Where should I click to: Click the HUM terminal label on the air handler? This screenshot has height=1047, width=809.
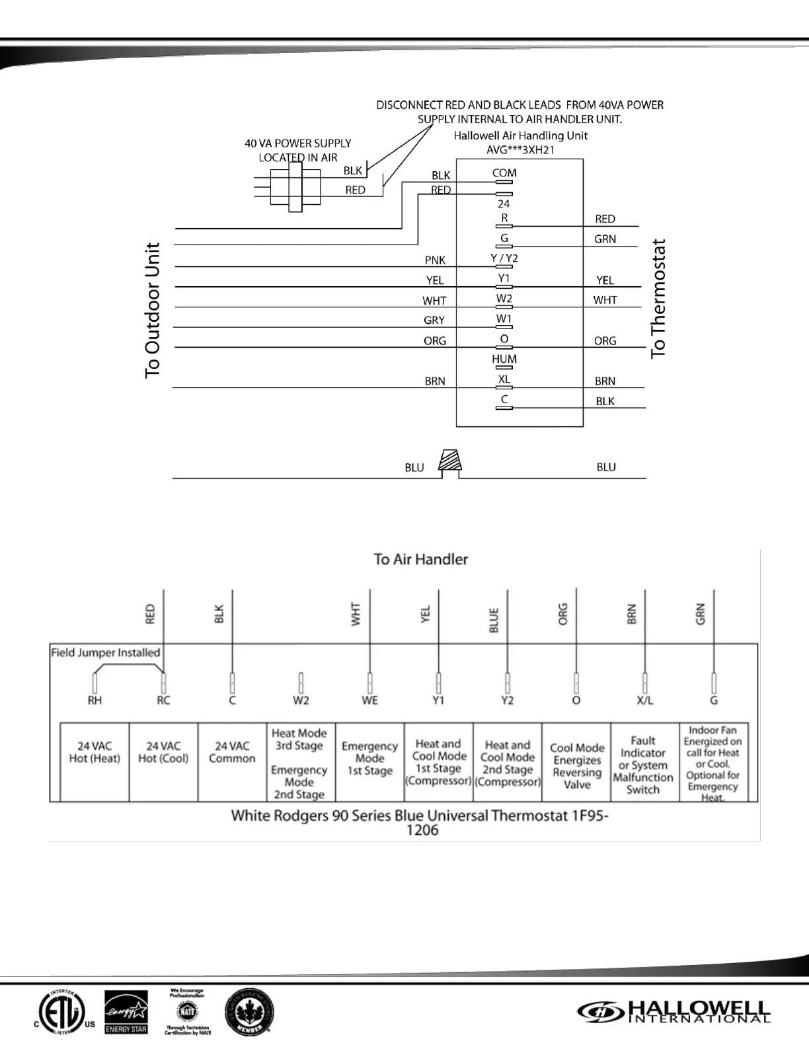click(504, 359)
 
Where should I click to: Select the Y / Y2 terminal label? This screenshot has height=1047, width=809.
click(504, 258)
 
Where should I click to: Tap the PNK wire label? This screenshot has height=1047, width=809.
click(435, 260)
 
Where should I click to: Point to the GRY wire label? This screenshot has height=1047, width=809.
click(434, 321)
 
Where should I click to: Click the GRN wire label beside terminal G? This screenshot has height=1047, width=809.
click(605, 239)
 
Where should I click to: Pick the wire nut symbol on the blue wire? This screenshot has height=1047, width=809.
click(451, 462)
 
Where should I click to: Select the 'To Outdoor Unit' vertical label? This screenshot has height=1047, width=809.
click(153, 310)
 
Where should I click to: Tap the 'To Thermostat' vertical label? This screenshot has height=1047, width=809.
click(658, 299)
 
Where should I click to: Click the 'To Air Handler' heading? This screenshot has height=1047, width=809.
click(421, 559)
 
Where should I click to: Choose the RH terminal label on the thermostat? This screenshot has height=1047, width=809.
click(95, 701)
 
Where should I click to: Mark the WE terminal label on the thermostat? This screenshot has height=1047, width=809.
click(369, 701)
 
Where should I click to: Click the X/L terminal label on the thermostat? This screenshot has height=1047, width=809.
click(644, 701)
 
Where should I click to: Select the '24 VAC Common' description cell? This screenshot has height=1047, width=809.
click(232, 753)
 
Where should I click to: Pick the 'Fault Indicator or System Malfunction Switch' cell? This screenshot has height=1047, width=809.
click(643, 765)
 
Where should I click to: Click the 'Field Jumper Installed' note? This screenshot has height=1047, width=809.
click(106, 652)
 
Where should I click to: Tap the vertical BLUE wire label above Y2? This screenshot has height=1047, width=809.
click(494, 621)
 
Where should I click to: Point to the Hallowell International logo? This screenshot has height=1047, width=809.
click(674, 1011)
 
